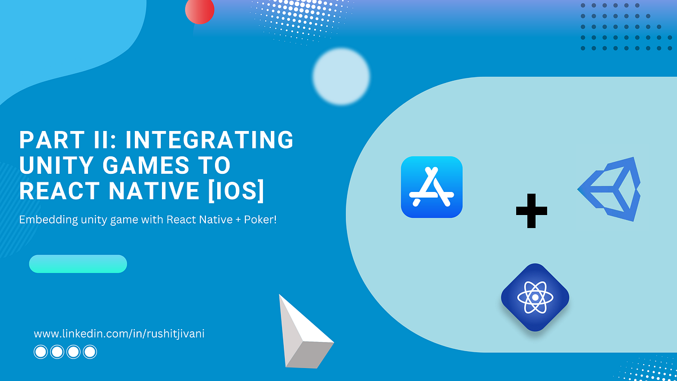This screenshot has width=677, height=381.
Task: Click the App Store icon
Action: (432, 187)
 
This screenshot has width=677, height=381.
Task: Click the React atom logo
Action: (535, 297)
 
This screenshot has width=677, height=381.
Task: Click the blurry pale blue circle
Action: (341, 76)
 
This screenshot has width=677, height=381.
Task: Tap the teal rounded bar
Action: (78, 264)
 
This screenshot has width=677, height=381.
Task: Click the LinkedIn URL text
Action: (115, 334)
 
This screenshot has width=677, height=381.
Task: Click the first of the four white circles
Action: (41, 352)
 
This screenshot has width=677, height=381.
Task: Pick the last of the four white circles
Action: (90, 352)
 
